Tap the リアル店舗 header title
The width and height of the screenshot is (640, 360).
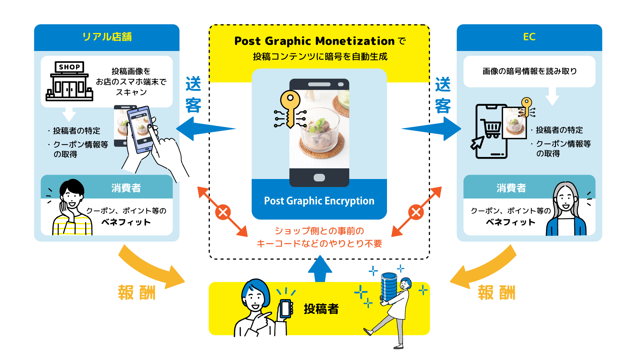pyautogui.click(x=107, y=37)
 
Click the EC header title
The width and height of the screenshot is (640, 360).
pyautogui.click(x=529, y=37)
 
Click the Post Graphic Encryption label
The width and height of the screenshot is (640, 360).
pyautogui.click(x=319, y=201)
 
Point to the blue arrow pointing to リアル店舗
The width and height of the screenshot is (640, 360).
pyautogui.click(x=203, y=129)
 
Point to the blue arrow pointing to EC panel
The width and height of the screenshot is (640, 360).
pyautogui.click(x=433, y=129)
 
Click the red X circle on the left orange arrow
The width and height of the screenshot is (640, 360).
pyautogui.click(x=223, y=212)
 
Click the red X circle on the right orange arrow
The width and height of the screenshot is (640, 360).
pyautogui.click(x=416, y=212)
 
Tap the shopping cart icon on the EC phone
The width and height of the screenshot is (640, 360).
pyautogui.click(x=491, y=129)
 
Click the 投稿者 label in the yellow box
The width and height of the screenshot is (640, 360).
pyautogui.click(x=321, y=309)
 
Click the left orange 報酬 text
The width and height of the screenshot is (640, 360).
pyautogui.click(x=137, y=293)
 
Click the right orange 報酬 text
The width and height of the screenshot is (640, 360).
pyautogui.click(x=496, y=293)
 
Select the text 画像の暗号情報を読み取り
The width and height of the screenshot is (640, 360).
pyautogui.click(x=529, y=71)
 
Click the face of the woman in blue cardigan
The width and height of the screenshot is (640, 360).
pyautogui.click(x=565, y=198)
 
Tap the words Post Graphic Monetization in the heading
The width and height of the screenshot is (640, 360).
pyautogui.click(x=314, y=41)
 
